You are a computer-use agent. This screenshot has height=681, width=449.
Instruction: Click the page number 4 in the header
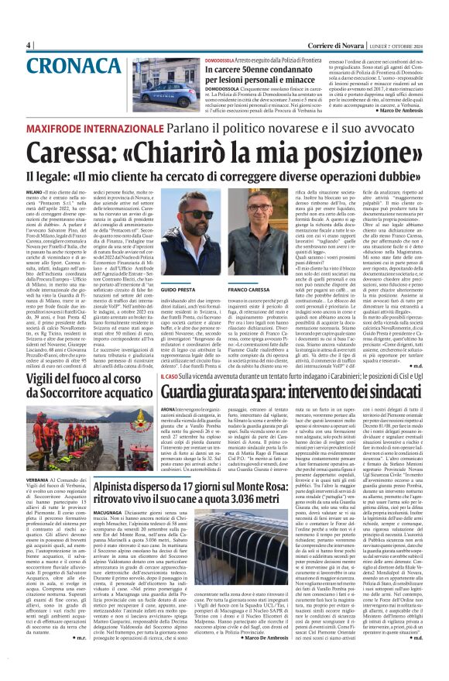[28, 46]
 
